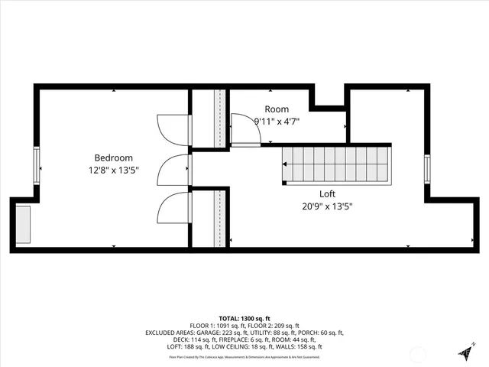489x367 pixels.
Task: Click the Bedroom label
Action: [x=113, y=158]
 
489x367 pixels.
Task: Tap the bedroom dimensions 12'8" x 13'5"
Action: [x=113, y=171]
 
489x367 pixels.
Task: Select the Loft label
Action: [x=327, y=193]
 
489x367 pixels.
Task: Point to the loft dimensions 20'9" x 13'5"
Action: [x=327, y=206]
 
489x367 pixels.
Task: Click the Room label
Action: [x=277, y=109]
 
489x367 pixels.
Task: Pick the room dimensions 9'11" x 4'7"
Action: [x=277, y=121]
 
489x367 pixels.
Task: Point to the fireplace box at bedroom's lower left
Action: [x=21, y=223]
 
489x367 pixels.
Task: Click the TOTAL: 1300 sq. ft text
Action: [x=244, y=318]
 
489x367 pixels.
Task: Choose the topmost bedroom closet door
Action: [x=173, y=129]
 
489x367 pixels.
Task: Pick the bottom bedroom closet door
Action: [x=173, y=208]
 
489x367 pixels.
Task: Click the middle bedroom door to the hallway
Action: [x=173, y=170]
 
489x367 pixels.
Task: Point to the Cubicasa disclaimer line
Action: [x=244, y=357]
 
